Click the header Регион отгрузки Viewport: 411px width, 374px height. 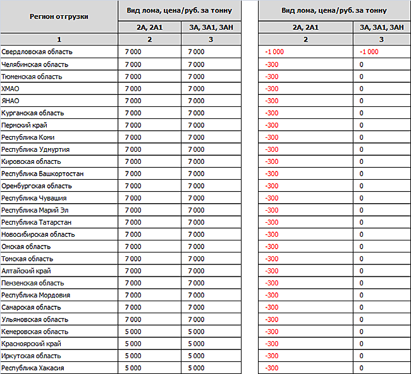point(59,16)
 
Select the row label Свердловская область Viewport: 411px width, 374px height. point(37,52)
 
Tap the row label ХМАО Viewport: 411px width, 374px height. point(11,89)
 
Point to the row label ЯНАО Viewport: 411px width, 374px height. point(11,101)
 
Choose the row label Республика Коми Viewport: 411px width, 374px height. point(28,137)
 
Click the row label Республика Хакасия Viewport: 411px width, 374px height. point(33,368)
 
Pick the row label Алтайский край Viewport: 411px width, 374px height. point(27,271)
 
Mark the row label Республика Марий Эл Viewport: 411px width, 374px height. point(34,210)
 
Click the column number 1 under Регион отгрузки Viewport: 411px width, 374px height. point(59,39)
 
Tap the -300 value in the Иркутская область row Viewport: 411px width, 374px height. point(272,356)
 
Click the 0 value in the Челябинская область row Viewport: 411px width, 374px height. point(361,65)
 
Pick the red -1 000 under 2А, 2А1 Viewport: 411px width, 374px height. point(274,52)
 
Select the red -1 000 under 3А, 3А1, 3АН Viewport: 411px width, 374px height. point(369,52)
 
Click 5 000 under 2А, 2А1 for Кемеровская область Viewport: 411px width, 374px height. point(133,332)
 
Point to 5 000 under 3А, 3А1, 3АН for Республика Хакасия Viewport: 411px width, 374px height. point(197,368)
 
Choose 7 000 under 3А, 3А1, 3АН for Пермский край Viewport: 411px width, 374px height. point(197,125)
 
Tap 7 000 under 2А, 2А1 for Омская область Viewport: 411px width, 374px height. point(133,247)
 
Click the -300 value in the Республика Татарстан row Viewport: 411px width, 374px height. point(272,222)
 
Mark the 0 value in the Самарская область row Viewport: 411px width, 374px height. point(361,307)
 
